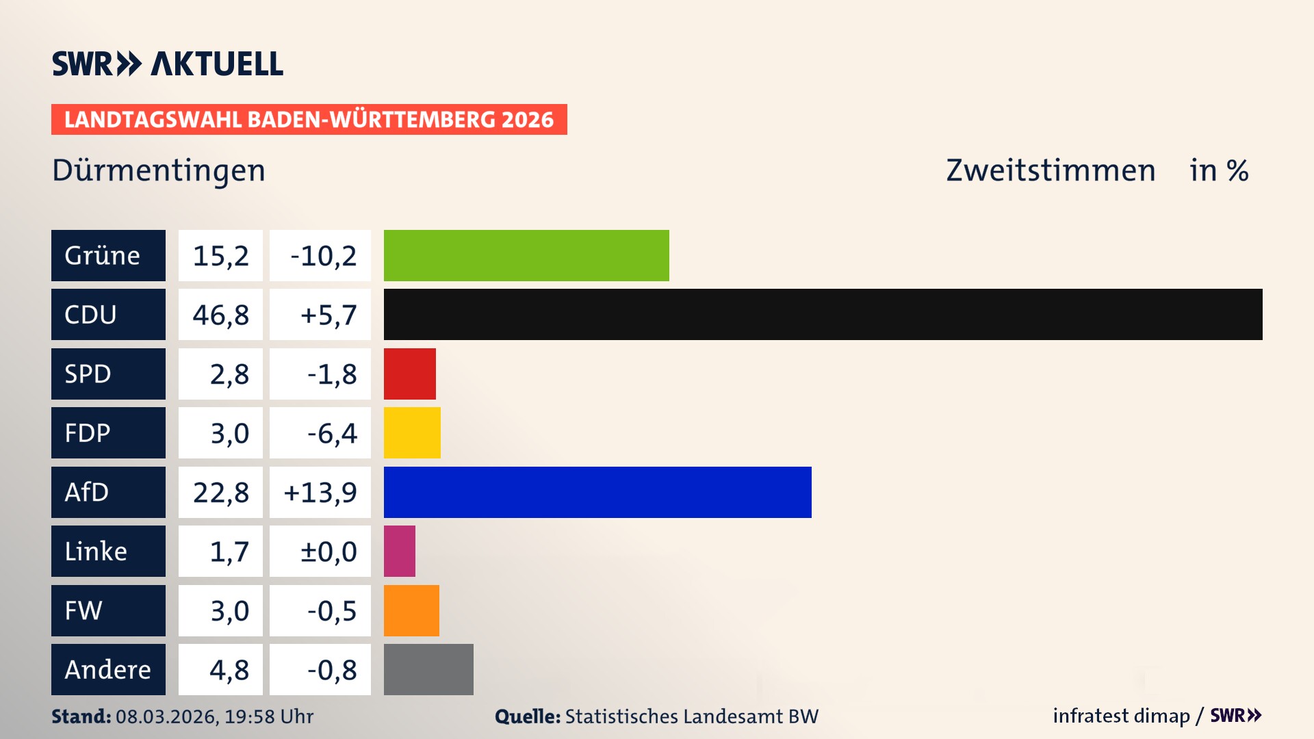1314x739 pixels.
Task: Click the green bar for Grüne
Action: click(526, 255)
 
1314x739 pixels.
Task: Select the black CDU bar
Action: click(823, 314)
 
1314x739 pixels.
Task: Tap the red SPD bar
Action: click(409, 374)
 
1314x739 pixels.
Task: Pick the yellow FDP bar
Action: click(412, 432)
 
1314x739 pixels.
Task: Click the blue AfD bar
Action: click(597, 492)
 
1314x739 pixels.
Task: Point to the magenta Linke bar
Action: click(400, 551)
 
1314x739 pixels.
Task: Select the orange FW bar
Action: click(411, 610)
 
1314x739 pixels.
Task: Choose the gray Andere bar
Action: click(428, 669)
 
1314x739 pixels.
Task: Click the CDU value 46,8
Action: click(220, 315)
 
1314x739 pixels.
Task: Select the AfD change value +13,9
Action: click(320, 492)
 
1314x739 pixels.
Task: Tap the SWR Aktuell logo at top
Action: click(167, 64)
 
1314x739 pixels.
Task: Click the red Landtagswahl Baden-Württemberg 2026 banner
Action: click(309, 120)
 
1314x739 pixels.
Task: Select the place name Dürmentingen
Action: click(159, 170)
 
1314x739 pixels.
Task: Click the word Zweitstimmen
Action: click(1051, 170)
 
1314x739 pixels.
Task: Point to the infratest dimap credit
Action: click(1121, 716)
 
